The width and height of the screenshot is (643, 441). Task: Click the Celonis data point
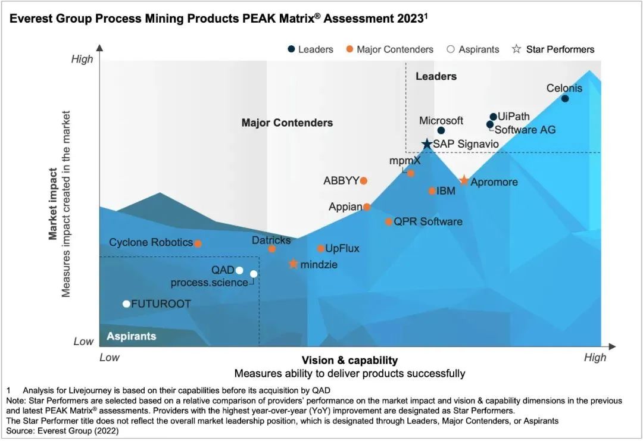click(x=565, y=99)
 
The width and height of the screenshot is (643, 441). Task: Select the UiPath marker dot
click(x=493, y=117)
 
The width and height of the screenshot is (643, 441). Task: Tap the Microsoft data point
click(x=441, y=130)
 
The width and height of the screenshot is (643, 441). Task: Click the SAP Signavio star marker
click(x=427, y=144)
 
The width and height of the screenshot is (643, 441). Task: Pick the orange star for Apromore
click(x=464, y=180)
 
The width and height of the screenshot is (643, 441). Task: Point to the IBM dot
click(x=432, y=191)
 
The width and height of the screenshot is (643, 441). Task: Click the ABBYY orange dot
click(x=364, y=180)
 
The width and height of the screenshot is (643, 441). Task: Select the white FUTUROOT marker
click(x=126, y=304)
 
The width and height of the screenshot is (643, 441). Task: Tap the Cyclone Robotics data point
click(x=198, y=243)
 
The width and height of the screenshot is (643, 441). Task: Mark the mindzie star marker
click(x=293, y=264)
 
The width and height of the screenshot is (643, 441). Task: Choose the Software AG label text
click(x=525, y=129)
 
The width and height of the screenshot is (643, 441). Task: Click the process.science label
click(x=209, y=283)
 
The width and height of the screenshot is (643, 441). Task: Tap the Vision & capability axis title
click(x=349, y=360)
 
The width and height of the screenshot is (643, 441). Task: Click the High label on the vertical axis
click(x=82, y=59)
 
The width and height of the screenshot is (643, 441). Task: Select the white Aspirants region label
click(x=132, y=336)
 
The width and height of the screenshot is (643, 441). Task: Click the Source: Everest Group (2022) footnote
click(x=63, y=430)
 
